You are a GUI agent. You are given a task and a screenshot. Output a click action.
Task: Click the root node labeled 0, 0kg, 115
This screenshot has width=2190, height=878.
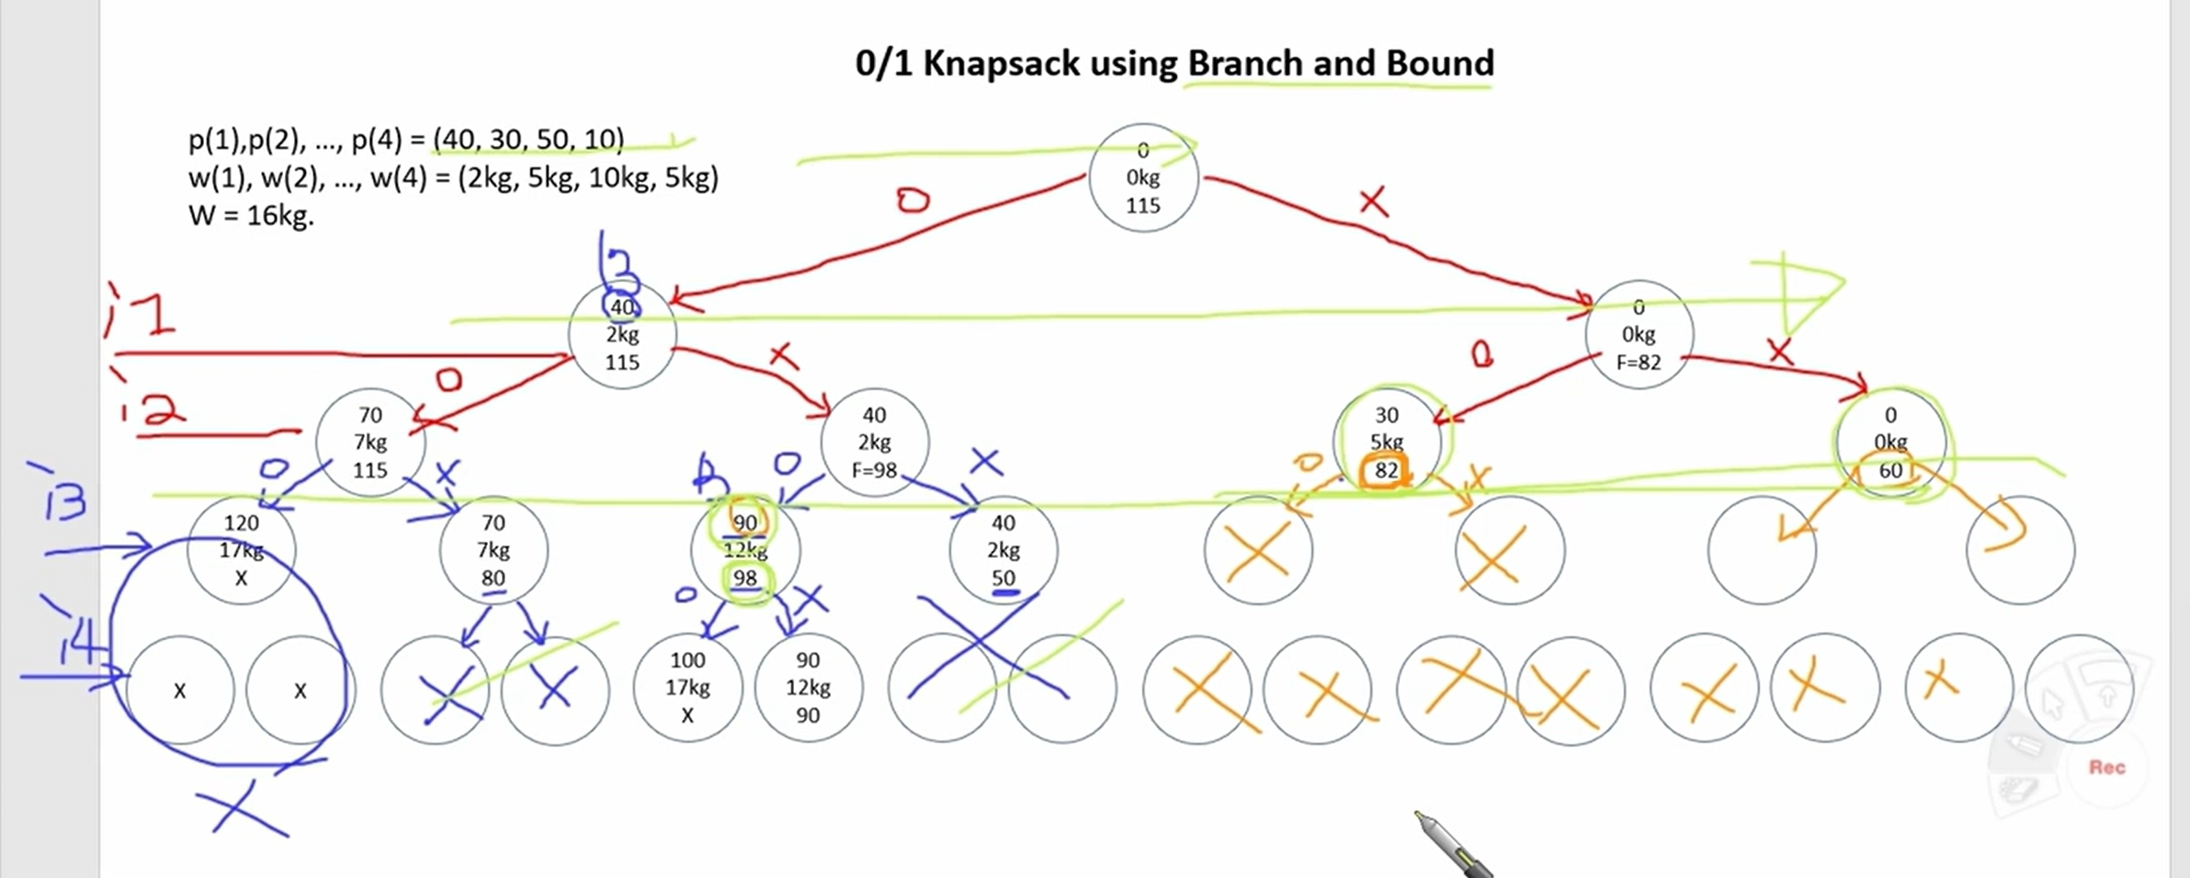coord(1143,177)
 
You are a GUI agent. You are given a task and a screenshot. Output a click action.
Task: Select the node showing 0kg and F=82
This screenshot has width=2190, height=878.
coord(1639,335)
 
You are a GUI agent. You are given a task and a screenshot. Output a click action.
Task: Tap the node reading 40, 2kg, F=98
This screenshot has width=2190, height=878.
coord(874,442)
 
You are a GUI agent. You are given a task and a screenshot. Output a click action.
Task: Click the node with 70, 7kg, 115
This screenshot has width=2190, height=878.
coord(370,442)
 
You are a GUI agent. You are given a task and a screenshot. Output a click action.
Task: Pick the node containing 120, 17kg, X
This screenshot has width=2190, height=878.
coord(241,550)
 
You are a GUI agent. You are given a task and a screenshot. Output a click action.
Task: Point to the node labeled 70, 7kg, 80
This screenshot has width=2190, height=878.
coord(494,550)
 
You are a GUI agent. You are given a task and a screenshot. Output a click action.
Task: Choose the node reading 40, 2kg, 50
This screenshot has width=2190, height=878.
coord(1003,550)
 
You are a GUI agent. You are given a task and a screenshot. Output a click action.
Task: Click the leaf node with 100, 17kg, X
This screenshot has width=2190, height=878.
coord(687,687)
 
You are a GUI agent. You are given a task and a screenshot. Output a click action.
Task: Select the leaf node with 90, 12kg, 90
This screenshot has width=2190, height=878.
coord(808,687)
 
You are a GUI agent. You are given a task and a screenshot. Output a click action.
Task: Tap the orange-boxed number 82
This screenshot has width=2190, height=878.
coord(1385,471)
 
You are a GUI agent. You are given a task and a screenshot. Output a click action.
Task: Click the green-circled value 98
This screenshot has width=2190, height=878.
coord(745,578)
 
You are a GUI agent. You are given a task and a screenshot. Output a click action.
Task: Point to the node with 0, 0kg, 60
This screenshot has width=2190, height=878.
coord(1890,442)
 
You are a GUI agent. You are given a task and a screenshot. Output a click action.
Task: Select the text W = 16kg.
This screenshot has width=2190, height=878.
coord(251,216)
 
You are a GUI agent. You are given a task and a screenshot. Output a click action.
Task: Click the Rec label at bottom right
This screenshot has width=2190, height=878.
coord(2106,767)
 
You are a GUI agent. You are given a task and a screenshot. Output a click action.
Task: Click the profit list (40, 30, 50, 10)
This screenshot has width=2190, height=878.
coord(528,139)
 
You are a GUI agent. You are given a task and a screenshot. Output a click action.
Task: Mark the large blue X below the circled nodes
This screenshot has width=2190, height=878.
coord(243,810)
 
